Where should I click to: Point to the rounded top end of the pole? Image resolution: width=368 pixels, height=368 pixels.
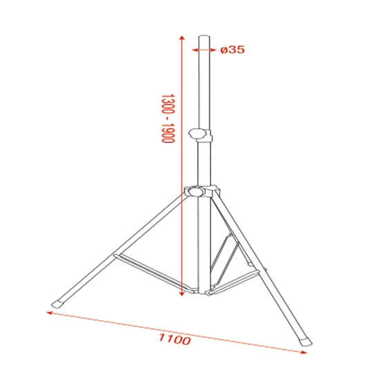205,35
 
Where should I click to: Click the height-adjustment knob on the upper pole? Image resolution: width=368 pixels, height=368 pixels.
202,133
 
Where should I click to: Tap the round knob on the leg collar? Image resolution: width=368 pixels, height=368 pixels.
195,191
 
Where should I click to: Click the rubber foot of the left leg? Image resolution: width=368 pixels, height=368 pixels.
60,302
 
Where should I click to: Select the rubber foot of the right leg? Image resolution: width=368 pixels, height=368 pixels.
304,340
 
